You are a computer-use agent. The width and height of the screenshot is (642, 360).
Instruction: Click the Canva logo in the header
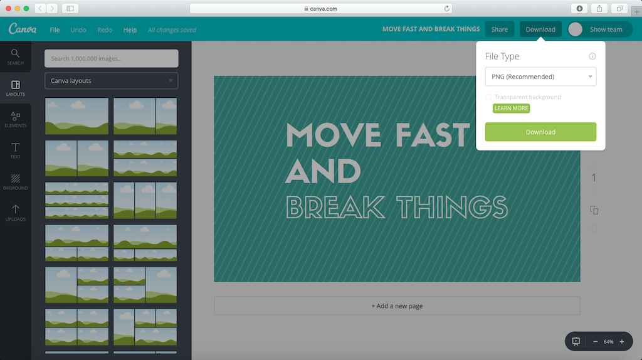[x=23, y=29]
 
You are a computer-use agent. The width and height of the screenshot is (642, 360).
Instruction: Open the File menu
[x=55, y=30]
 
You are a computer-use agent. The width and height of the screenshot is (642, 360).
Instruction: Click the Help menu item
[x=130, y=30]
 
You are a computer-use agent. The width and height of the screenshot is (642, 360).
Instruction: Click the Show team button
[x=600, y=29]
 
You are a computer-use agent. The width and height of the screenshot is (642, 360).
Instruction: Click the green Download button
[x=540, y=132]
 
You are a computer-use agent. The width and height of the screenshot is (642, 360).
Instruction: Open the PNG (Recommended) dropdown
[x=540, y=77]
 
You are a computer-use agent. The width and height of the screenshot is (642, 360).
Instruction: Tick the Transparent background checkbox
[x=488, y=97]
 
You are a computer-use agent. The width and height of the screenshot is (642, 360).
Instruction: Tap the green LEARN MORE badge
[x=511, y=108]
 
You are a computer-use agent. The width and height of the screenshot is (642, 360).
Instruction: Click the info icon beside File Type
[x=592, y=56]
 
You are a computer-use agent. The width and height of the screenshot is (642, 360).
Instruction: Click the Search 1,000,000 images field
[x=112, y=58]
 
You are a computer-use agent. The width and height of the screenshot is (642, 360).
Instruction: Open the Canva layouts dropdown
[x=112, y=81]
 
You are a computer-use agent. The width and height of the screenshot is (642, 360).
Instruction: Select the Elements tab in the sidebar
[x=16, y=119]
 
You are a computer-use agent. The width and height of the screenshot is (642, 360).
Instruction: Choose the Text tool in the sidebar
[x=16, y=151]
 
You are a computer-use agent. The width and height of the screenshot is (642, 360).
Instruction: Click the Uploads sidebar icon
[x=16, y=213]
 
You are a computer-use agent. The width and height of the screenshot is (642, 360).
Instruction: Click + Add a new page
[x=397, y=306]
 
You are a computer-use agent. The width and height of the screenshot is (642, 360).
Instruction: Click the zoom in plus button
[x=622, y=342]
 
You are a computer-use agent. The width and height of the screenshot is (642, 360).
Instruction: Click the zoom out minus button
[x=596, y=342]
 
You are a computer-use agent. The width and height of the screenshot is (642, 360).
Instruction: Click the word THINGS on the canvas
[x=453, y=207]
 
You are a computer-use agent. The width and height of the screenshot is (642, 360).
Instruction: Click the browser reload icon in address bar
[x=446, y=8]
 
